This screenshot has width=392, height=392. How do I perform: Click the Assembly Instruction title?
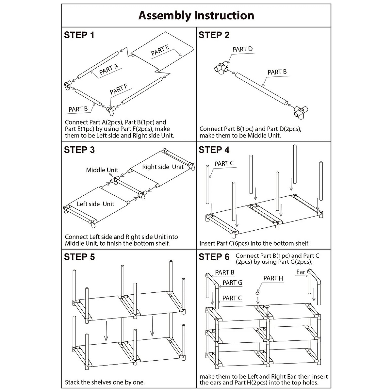coord(196,15)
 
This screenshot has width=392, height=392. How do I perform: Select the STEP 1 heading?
coord(79,35)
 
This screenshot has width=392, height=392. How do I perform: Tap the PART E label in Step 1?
coord(160,51)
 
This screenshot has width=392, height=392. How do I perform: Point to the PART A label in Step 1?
coord(108,69)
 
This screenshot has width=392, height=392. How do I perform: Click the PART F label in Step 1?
coord(118,90)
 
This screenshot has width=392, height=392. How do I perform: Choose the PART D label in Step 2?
coord(242,49)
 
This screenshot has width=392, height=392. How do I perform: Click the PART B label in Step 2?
coord(277,72)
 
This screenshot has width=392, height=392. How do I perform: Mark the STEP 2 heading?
coord(214,35)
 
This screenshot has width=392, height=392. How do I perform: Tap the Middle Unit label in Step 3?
coord(102,170)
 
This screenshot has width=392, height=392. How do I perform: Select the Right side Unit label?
coord(163,167)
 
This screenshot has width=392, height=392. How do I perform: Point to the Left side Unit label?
coord(95,204)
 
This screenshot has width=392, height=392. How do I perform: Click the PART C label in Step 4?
coord(224,163)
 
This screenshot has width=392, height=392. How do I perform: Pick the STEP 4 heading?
coord(214,150)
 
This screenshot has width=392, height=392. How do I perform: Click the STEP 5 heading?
coord(79,257)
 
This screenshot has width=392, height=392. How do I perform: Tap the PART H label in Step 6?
coord(273,278)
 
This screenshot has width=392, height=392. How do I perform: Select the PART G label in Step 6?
coord(232,283)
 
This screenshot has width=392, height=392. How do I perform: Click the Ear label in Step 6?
coord(301,272)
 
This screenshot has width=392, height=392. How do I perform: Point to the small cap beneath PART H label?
coord(258,293)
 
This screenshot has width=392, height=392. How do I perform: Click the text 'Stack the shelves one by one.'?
coord(105,382)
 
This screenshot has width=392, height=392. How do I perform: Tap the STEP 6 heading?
coord(214,257)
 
